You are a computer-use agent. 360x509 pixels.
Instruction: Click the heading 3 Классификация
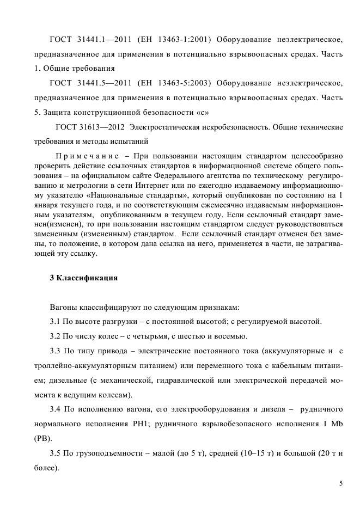click(x=84, y=278)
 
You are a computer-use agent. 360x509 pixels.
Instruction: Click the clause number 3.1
click(x=55, y=321)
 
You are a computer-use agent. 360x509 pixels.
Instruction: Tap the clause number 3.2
click(x=55, y=335)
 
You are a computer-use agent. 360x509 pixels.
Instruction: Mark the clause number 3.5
click(x=55, y=453)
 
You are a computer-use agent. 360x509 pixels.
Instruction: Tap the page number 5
click(x=341, y=483)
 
